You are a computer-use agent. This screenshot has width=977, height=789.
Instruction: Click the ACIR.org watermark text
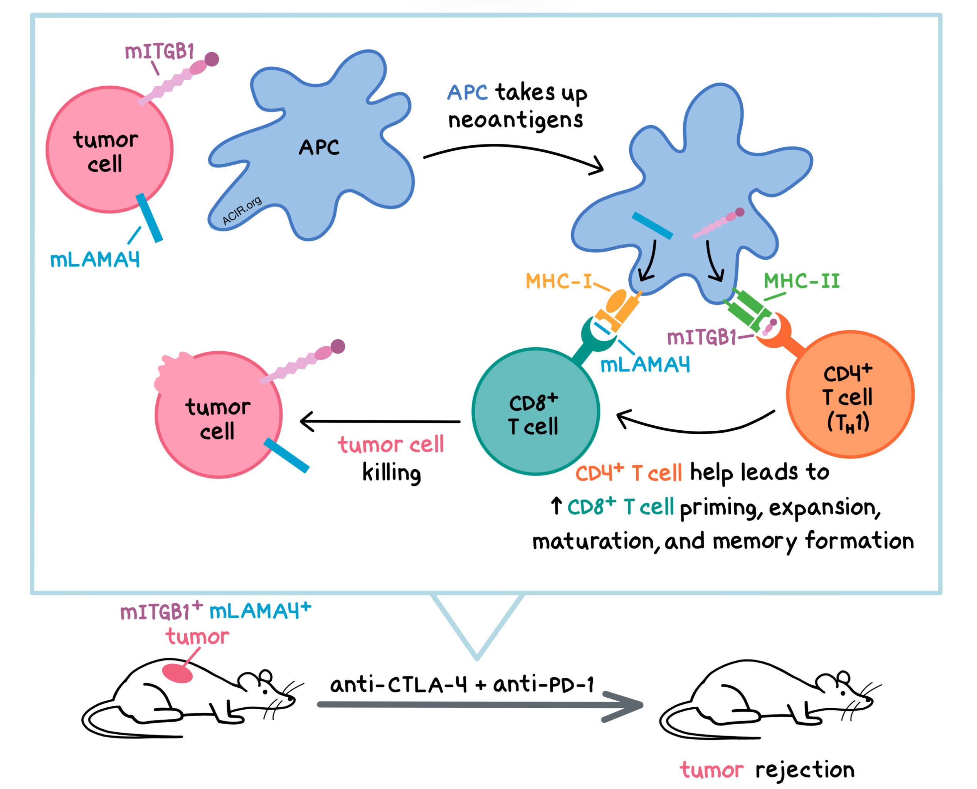[x=242, y=210]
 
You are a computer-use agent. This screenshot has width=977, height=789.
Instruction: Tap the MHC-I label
[x=559, y=281]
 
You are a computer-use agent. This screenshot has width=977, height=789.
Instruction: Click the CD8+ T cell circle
[x=536, y=412]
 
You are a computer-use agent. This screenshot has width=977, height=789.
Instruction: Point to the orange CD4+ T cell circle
[x=850, y=394]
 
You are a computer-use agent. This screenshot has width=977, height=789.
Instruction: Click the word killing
[x=392, y=473]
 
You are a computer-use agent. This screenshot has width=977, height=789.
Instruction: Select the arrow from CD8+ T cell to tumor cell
[x=380, y=421]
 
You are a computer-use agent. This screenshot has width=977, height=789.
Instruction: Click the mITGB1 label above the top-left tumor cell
[x=160, y=51]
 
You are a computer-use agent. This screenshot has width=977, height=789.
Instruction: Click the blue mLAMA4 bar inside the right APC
[x=652, y=225]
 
